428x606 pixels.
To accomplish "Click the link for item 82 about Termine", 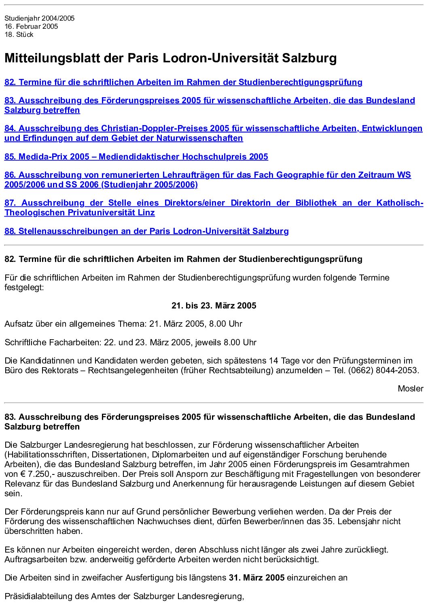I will click(183, 82).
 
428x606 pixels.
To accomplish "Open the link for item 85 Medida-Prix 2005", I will click(136, 157).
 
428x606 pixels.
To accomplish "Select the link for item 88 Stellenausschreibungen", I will click(146, 231).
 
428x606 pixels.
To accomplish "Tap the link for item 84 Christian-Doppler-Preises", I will click(213, 128).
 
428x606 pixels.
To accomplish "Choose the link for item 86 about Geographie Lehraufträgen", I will click(207, 175).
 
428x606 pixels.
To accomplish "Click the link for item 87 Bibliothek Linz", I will click(214, 203).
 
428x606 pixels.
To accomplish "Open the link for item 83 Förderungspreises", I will click(210, 100).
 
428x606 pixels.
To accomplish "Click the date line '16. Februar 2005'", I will click(31, 26).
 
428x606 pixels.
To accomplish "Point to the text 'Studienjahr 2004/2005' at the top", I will click(39, 18).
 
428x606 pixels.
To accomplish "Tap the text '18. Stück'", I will click(19, 34).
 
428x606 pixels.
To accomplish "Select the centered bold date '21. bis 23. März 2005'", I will click(214, 306).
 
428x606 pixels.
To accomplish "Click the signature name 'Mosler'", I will click(410, 389).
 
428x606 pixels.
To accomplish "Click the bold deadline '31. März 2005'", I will click(256, 578).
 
